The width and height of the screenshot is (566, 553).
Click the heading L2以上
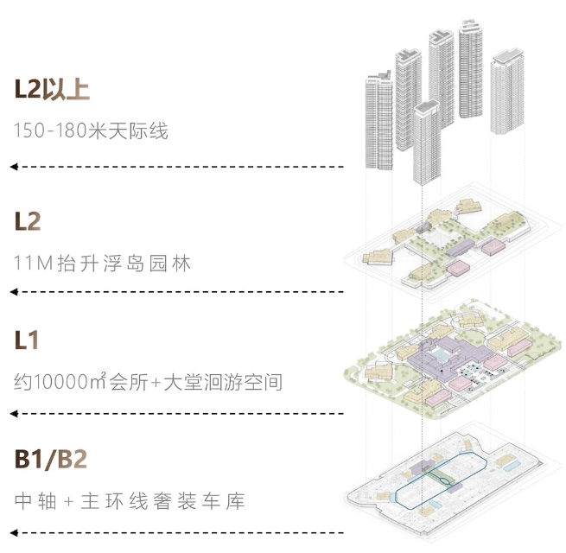coord(52,89)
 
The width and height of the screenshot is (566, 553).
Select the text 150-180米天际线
coord(91,131)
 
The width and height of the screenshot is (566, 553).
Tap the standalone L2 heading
coord(28,221)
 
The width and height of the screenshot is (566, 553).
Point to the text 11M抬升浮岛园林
coord(103,263)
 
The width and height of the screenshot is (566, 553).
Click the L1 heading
coord(27,340)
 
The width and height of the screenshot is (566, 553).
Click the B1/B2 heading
coord(51,459)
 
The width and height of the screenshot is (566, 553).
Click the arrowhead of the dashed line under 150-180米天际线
coord(14,166)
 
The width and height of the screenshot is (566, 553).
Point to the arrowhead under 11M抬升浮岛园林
coord(14,295)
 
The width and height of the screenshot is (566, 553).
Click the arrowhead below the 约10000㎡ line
coord(14,414)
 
